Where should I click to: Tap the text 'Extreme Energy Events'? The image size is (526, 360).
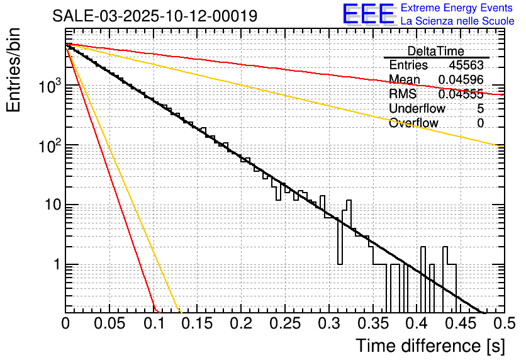click(x=457, y=8)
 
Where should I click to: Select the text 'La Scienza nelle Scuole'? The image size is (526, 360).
click(x=457, y=21)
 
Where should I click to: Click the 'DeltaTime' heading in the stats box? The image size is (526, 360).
click(x=435, y=51)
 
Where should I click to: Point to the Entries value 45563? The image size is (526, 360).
click(x=466, y=65)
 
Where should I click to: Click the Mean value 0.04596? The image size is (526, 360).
click(x=461, y=80)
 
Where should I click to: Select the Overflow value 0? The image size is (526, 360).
click(x=480, y=123)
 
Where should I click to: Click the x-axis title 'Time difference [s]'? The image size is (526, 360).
click(x=430, y=346)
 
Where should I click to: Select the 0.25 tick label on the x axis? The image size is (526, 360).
click(x=284, y=325)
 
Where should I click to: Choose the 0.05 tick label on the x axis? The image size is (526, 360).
click(x=109, y=325)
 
